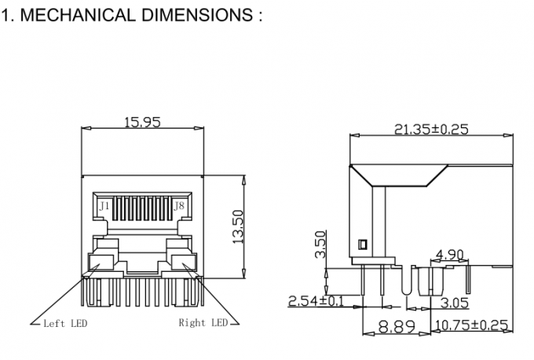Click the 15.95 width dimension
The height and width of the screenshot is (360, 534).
click(x=143, y=122)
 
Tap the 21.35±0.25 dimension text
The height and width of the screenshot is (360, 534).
click(x=430, y=129)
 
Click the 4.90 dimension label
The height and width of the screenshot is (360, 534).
click(x=449, y=254)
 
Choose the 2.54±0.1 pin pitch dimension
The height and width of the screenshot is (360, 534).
click(x=315, y=301)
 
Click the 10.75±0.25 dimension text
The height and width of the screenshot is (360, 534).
click(x=471, y=325)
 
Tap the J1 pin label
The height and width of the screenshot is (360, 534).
click(x=104, y=206)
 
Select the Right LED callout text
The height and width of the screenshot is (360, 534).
click(x=203, y=322)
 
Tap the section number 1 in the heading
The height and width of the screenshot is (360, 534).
click(x=6, y=15)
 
